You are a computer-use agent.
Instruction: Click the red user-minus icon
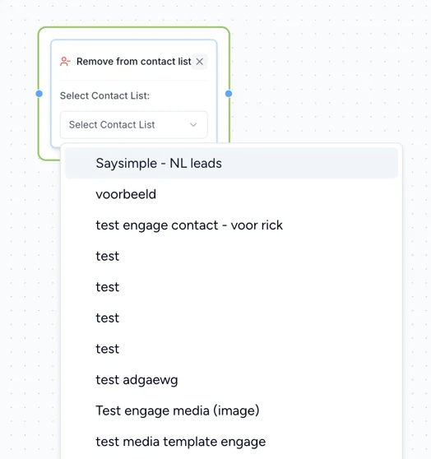coord(65,62)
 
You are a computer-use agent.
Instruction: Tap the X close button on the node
coord(199,62)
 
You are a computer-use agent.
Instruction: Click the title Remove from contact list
coord(134,62)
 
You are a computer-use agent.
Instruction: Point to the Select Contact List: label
coord(104,95)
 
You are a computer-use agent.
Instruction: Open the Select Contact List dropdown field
coord(134,125)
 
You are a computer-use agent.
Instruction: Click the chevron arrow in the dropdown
coord(193,125)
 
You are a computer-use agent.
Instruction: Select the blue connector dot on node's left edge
coord(39,94)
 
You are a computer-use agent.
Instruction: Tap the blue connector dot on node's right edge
coord(229,94)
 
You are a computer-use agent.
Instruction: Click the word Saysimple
coord(126,164)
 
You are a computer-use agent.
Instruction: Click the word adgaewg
coord(151,380)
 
